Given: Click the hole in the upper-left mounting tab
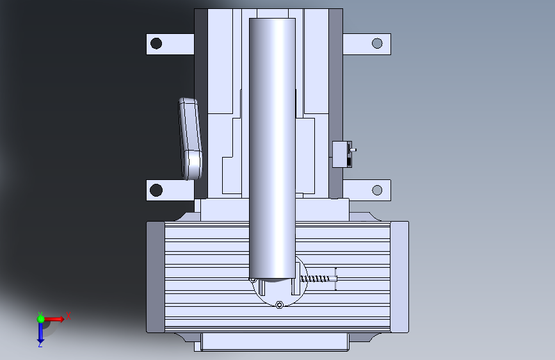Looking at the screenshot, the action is pyautogui.click(x=156, y=44).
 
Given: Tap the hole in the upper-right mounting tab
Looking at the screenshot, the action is pyautogui.click(x=377, y=43).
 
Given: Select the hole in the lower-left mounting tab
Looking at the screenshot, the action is pyautogui.click(x=156, y=190).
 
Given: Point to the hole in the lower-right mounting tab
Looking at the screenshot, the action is pyautogui.click(x=377, y=190).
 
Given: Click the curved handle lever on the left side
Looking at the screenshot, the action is pyautogui.click(x=190, y=138).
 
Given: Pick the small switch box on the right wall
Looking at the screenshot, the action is pyautogui.click(x=342, y=154).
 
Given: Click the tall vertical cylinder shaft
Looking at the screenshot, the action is pyautogui.click(x=272, y=149).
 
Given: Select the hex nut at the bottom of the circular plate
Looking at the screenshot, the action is pyautogui.click(x=279, y=305).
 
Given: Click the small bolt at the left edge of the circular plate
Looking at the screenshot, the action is pyautogui.click(x=253, y=280).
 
